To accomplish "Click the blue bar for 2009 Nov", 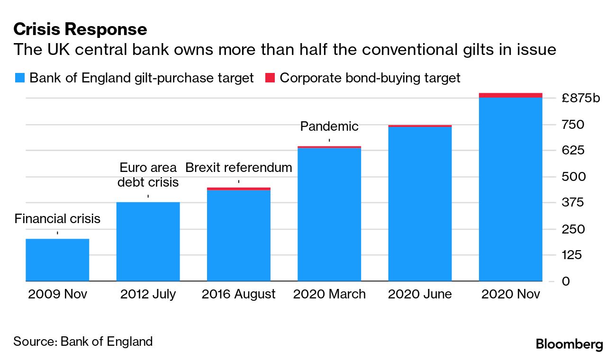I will click(x=57, y=260).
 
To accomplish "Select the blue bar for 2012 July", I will click(x=148, y=242).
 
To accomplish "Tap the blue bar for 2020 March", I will click(x=329, y=215).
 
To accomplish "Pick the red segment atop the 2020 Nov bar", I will click(x=510, y=95).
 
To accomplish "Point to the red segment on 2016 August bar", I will click(x=238, y=189).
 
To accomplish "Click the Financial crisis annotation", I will click(x=57, y=219).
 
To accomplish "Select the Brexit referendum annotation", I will click(x=238, y=168).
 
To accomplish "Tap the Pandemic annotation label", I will click(x=329, y=126).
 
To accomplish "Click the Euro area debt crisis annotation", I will click(x=148, y=175).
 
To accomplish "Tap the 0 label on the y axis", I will click(x=566, y=281).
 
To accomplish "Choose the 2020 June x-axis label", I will click(x=420, y=294).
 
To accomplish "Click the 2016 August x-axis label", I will click(x=238, y=294).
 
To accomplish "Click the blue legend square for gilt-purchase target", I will click(x=19, y=78).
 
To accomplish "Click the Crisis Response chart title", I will click(x=80, y=29).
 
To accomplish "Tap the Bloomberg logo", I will click(x=569, y=344).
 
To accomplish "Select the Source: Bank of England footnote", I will click(x=83, y=342).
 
